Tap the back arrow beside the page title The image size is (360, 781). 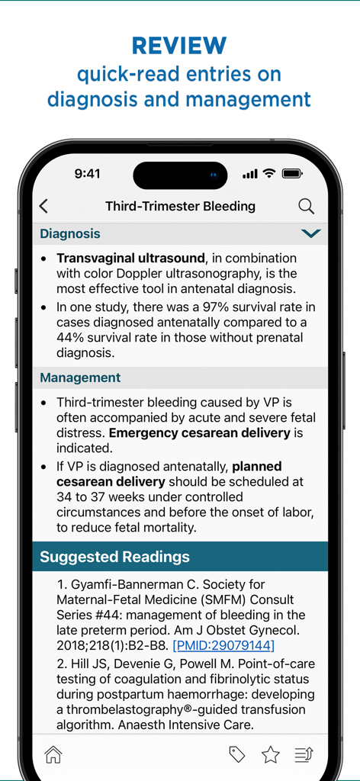pos(43,206)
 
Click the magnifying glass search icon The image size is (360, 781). pos(306,206)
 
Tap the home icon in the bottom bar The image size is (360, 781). pos(53,754)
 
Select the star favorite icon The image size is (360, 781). pos(270,754)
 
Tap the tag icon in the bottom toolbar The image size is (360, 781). pos(237,754)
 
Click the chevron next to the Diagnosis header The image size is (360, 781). pos(310,233)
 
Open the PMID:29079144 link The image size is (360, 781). pos(223,645)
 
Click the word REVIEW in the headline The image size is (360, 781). pos(179,46)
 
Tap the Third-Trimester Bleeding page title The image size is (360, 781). pos(180,206)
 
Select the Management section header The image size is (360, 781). pos(80,378)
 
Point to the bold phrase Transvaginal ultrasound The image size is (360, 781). pos(130,258)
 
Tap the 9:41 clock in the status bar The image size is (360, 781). pos(87,174)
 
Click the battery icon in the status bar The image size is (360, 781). pos(292,174)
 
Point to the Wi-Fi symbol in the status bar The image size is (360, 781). pos(268,174)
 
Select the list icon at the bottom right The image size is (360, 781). pos(304,754)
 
